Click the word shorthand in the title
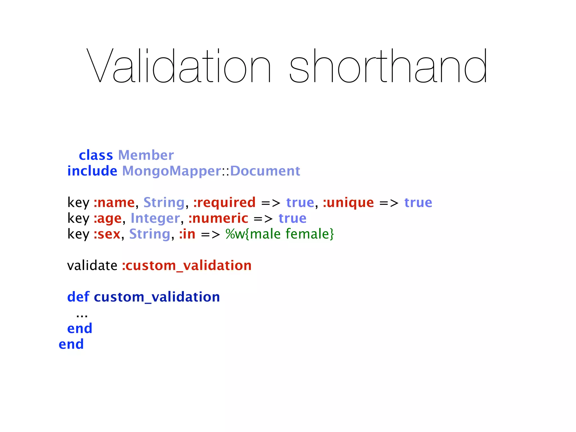point(388,66)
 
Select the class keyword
point(96,155)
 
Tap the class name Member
point(146,155)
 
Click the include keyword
point(92,171)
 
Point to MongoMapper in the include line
point(172,171)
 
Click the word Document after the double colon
point(265,171)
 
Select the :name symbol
point(114,202)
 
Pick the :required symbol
point(224,202)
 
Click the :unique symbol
point(348,202)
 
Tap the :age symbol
point(108,219)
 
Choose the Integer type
point(155,218)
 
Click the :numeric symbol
point(218,218)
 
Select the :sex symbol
point(107,234)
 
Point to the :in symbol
point(187,234)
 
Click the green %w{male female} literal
point(280,234)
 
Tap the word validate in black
point(92,265)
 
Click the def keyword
point(78,297)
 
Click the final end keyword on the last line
point(71,344)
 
